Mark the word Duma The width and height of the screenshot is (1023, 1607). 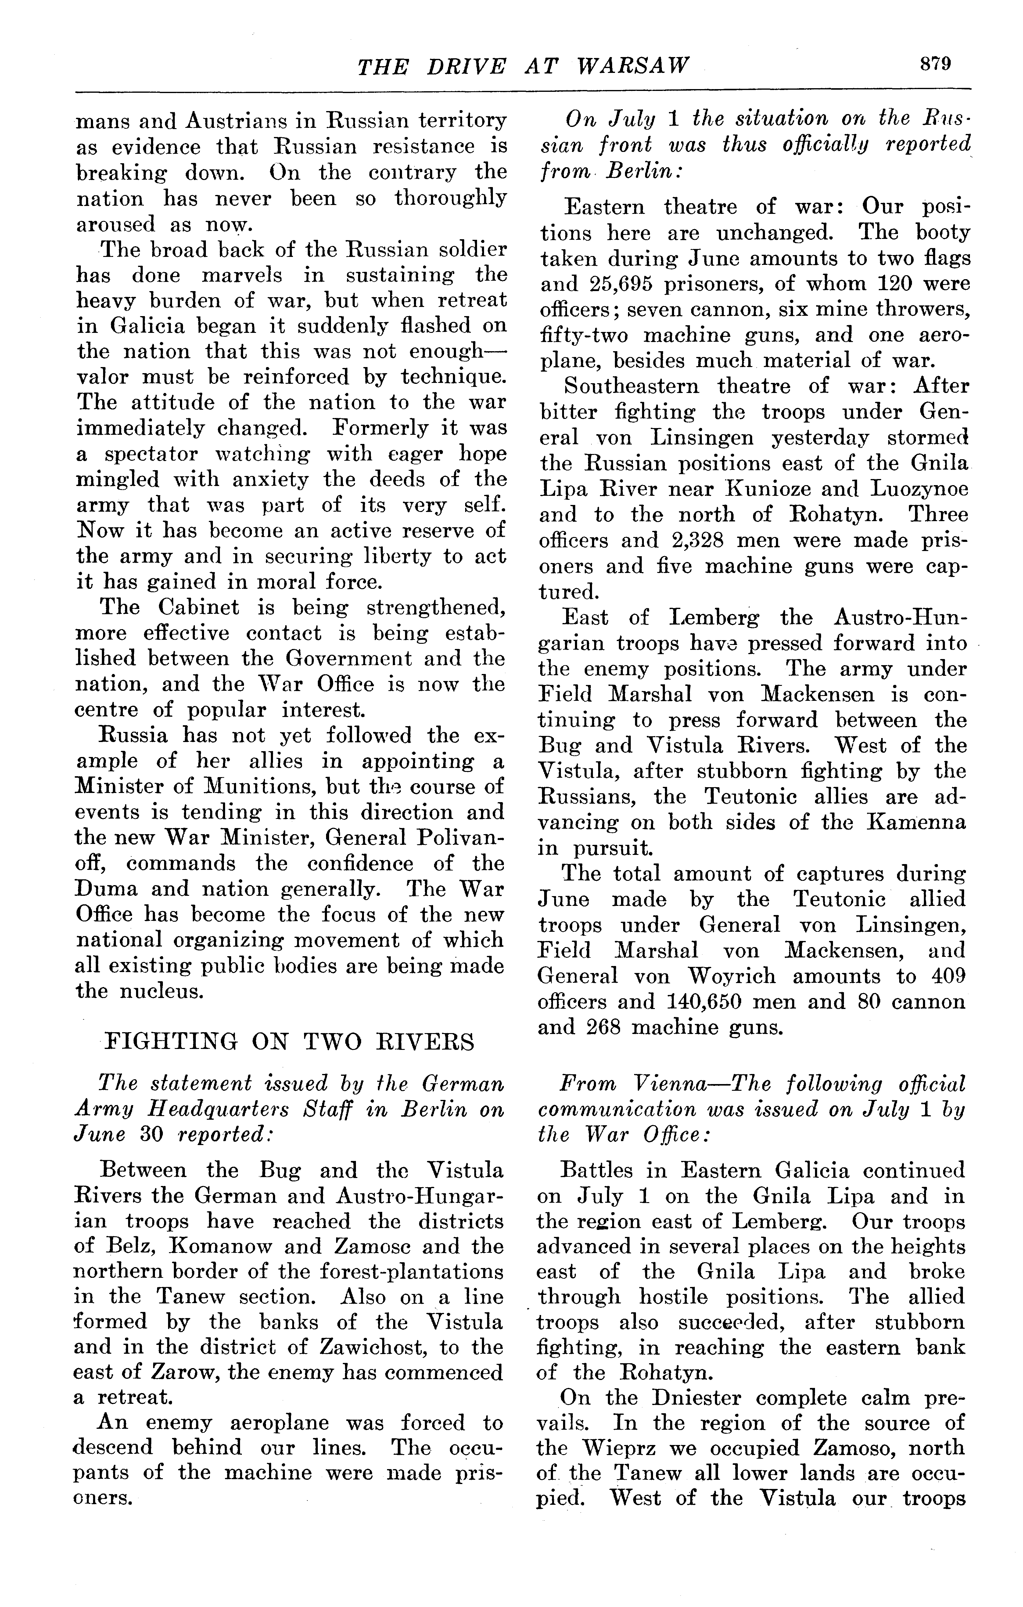(x=107, y=889)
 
